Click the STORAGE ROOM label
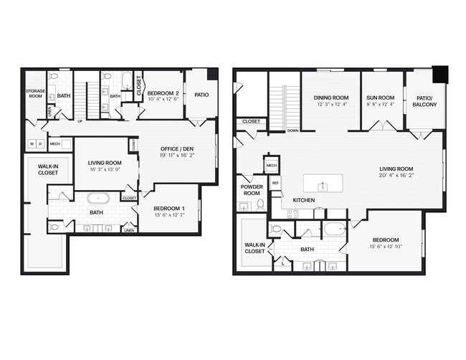tap(36, 93)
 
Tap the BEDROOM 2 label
tap(164, 93)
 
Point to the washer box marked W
tap(31, 143)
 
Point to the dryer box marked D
tap(40, 143)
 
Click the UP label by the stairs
tap(80, 121)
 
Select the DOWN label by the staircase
tap(293, 131)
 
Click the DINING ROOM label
tap(331, 98)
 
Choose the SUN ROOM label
tap(381, 98)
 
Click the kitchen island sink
tap(323, 186)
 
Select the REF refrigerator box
tap(275, 184)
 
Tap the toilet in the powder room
tap(261, 205)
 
